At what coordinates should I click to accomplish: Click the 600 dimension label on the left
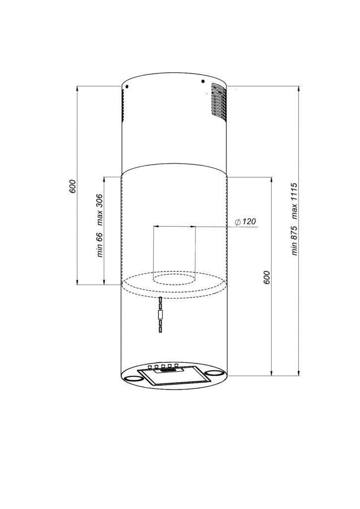pyautogui.click(x=73, y=186)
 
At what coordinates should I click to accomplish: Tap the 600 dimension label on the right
pyautogui.click(x=267, y=277)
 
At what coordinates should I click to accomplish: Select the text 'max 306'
pyautogui.click(x=99, y=210)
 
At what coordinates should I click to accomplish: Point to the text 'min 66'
pyautogui.click(x=99, y=245)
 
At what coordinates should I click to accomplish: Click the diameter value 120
pyautogui.click(x=249, y=221)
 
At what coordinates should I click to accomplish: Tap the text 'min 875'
pyautogui.click(x=294, y=240)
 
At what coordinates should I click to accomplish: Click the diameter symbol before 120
pyautogui.click(x=238, y=222)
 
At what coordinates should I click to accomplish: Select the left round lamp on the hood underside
pyautogui.click(x=133, y=378)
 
